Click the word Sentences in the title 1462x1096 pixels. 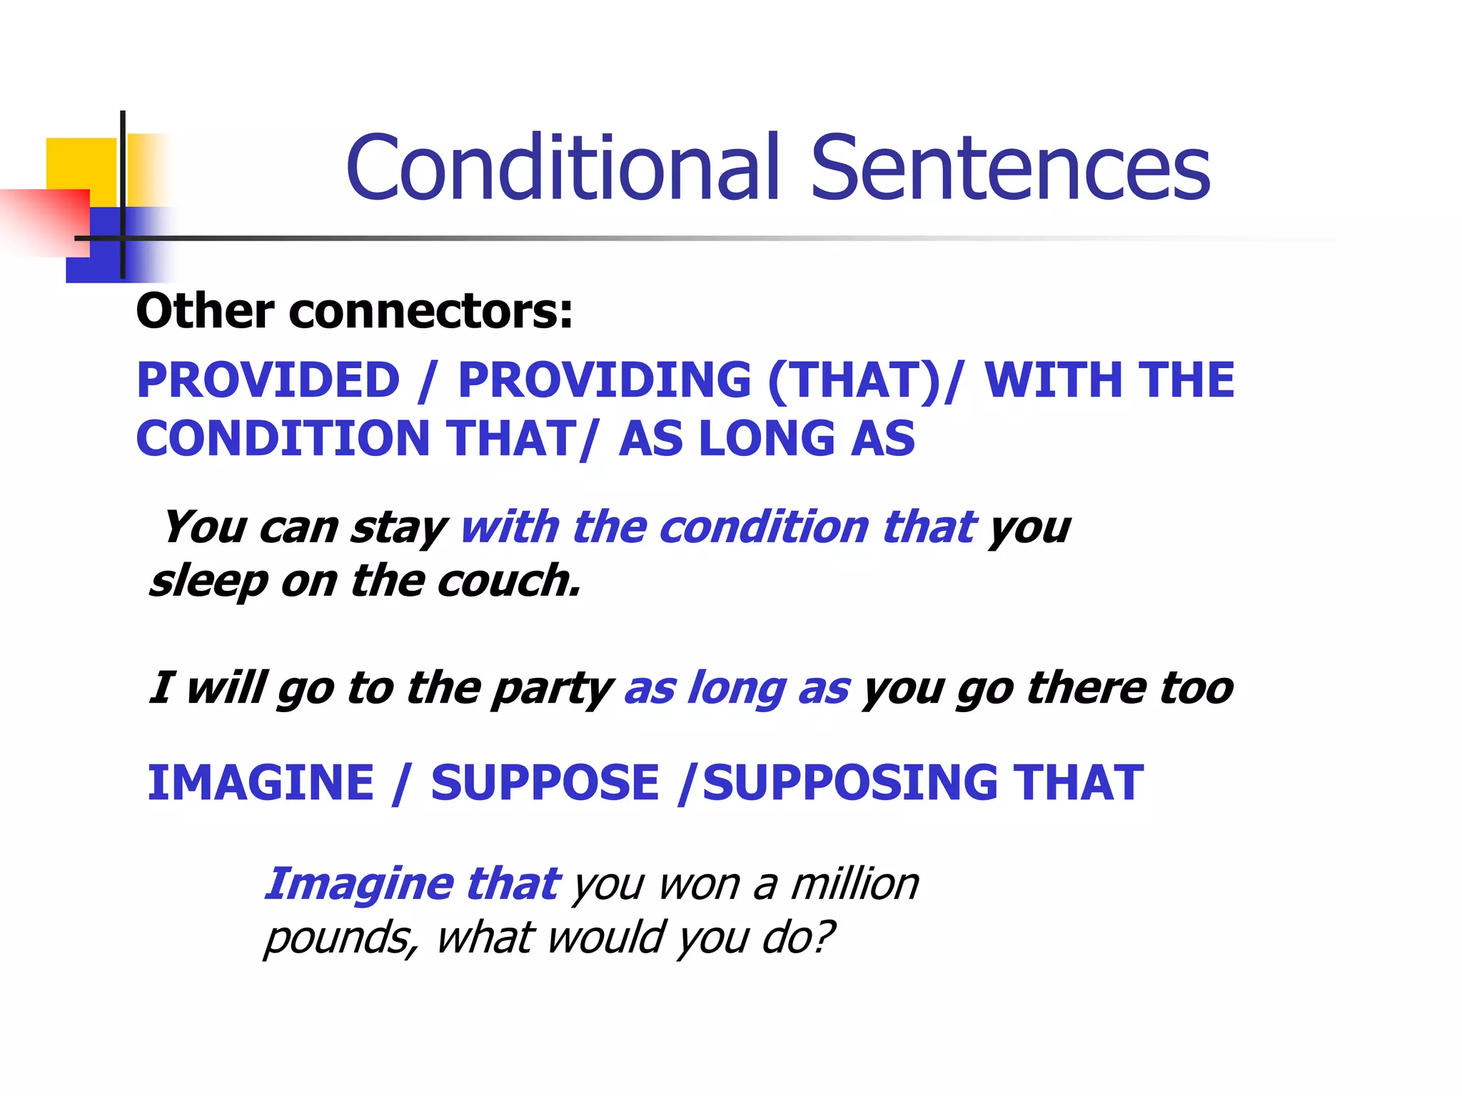tap(1010, 168)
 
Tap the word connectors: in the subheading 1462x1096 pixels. tap(430, 312)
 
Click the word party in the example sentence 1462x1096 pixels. tap(552, 689)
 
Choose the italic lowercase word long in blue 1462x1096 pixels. tap(736, 688)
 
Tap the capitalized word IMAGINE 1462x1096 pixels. tap(261, 783)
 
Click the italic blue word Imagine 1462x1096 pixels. tap(358, 885)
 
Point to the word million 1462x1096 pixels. tap(854, 884)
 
